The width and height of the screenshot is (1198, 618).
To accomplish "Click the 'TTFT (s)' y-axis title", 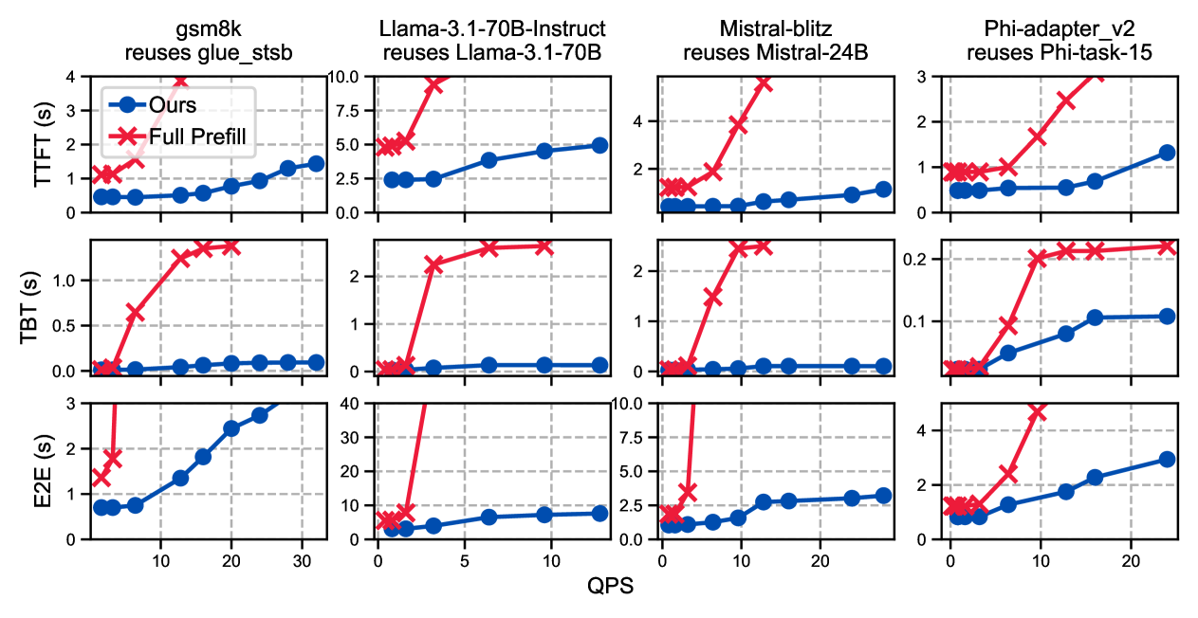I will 43,144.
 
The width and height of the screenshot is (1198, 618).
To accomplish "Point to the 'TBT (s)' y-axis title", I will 43,307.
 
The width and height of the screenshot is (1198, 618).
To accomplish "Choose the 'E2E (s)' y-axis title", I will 43,471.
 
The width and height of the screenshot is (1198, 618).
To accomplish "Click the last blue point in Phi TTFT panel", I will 1167,153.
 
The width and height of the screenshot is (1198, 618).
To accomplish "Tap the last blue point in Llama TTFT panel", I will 599,145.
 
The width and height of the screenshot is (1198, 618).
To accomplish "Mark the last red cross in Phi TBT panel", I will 1167,246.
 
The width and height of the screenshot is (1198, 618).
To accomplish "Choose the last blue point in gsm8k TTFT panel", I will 316,163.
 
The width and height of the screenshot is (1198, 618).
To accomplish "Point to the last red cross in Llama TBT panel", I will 544,246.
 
